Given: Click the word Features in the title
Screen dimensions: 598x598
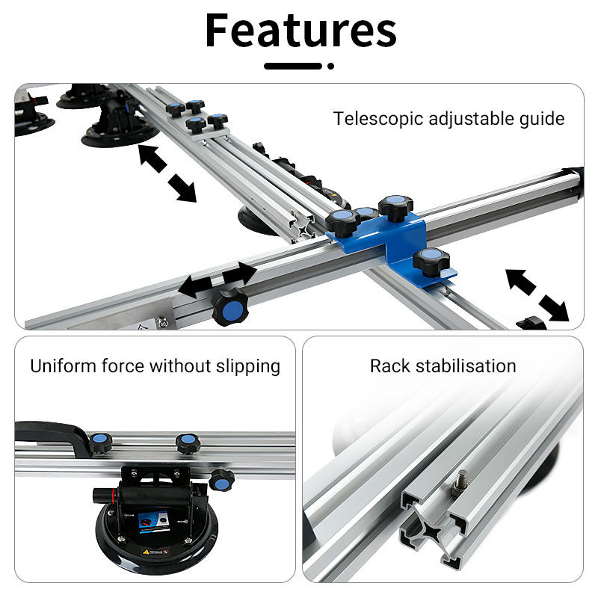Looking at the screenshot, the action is pos(300,30).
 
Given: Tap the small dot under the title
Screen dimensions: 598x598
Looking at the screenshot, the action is pos(330,66).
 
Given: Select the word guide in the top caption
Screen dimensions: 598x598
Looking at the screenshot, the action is pos(542,119).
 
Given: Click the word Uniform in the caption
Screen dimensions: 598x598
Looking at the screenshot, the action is pos(64,366).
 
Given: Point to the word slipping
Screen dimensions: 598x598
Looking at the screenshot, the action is pos(248,367).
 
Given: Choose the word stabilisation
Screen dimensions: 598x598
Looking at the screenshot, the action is pos(466,366).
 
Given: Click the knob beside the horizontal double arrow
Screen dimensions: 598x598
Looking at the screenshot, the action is pos(230,306).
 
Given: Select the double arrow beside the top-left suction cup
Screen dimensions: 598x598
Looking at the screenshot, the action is pos(167,173).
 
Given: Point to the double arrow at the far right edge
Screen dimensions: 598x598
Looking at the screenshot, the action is pos(537,295).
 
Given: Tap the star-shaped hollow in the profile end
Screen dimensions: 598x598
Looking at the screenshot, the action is pos(432,531).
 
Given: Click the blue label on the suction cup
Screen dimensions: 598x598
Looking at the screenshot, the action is pos(153,522).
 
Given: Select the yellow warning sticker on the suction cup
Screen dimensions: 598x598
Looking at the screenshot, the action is pos(155,552).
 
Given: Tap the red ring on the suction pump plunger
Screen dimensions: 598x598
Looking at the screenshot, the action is pos(114,496).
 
